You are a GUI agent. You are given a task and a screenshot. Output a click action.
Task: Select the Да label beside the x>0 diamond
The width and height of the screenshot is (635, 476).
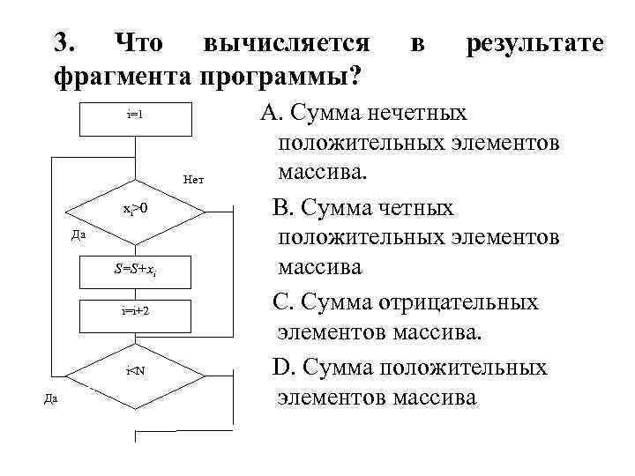pyautogui.click(x=78, y=235)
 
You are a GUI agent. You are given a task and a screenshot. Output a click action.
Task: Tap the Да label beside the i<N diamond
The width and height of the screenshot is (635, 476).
pyautogui.click(x=51, y=398)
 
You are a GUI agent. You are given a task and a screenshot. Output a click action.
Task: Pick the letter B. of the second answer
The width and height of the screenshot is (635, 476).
pyautogui.click(x=282, y=208)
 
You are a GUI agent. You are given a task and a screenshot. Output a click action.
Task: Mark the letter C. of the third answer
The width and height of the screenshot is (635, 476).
pyautogui.click(x=282, y=302)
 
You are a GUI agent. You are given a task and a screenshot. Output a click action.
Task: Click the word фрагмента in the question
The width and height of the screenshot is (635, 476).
pyautogui.click(x=114, y=78)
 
